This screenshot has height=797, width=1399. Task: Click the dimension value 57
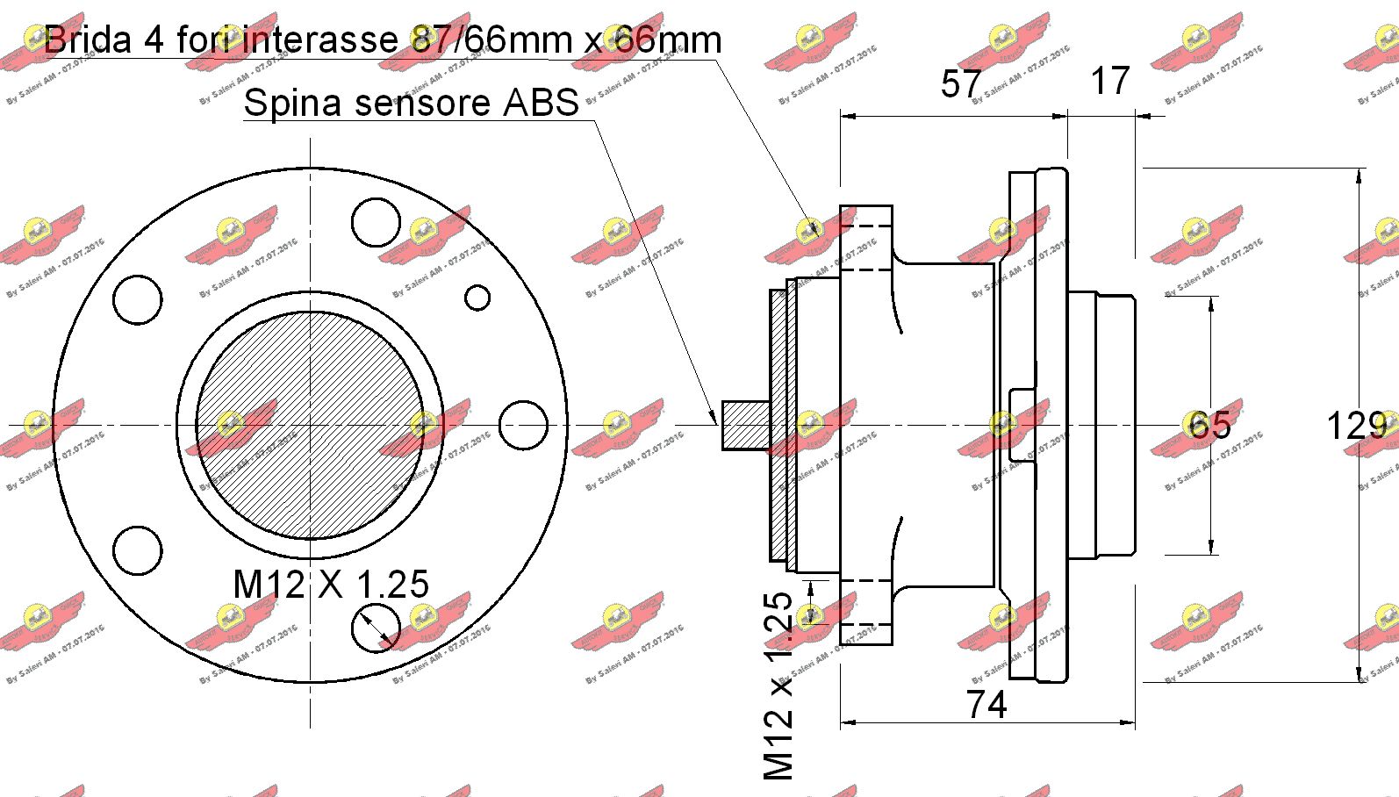click(961, 84)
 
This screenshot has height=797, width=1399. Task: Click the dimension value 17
click(1110, 82)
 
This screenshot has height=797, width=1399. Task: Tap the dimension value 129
click(1355, 427)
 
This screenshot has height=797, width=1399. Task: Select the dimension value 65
click(1209, 426)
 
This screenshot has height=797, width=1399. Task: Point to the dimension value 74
click(986, 705)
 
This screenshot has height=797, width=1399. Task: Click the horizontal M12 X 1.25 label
click(331, 585)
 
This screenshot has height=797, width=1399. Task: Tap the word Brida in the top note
click(88, 39)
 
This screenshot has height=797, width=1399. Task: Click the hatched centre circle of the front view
click(310, 426)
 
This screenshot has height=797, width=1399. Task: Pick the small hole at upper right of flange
click(477, 298)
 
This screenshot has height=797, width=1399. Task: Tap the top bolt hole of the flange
click(376, 222)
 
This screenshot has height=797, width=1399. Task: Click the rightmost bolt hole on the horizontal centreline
click(523, 426)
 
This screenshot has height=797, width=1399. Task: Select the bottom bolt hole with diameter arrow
click(376, 628)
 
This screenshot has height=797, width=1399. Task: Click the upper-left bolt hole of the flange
click(138, 300)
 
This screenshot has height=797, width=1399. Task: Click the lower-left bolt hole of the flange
click(138, 550)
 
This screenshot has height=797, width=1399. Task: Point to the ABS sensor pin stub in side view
click(745, 426)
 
